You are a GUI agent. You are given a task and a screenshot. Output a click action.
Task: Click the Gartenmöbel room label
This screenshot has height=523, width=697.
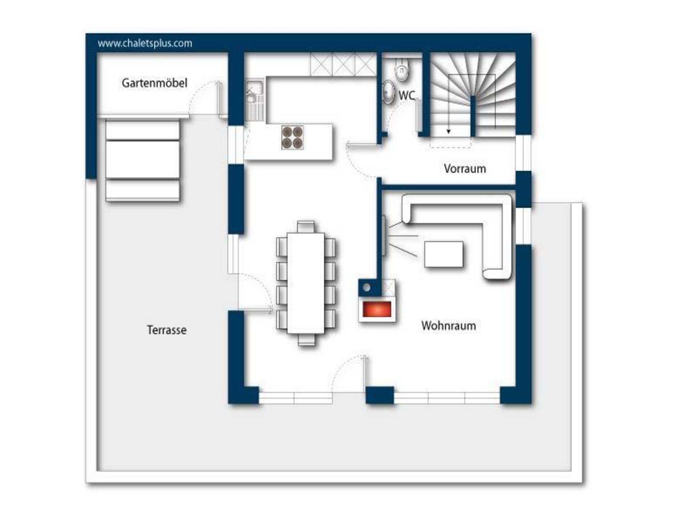[154, 83]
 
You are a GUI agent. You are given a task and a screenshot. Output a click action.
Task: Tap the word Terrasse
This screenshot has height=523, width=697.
[167, 330]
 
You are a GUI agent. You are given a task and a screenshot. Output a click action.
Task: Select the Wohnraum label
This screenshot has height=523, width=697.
[449, 325]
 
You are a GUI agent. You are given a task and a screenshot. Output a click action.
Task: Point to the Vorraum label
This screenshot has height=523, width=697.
[465, 169]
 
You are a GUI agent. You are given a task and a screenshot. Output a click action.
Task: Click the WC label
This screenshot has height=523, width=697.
[407, 96]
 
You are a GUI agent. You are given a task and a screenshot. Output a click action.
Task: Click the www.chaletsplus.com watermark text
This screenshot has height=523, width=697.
[145, 43]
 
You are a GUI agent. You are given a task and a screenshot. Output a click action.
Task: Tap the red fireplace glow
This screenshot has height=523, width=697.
[377, 309]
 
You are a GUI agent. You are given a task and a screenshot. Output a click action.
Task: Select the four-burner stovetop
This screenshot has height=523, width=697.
[293, 137]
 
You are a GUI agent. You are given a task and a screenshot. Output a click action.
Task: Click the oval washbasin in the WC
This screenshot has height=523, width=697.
[388, 92]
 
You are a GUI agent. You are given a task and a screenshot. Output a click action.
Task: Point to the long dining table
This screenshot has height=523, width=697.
[306, 283]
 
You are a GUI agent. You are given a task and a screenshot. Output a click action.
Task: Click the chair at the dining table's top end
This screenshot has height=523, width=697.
[306, 226]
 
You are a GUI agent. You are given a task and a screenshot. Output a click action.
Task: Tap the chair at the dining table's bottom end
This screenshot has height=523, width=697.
[306, 340]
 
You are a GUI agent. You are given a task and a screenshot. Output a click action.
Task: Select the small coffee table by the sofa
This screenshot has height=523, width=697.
[444, 254]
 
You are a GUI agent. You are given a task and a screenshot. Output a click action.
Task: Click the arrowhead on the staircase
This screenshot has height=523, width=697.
[449, 131]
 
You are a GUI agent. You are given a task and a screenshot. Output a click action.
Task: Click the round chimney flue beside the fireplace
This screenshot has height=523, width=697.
[367, 288]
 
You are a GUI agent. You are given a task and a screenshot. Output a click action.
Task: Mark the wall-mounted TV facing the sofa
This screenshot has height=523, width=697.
[384, 235]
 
